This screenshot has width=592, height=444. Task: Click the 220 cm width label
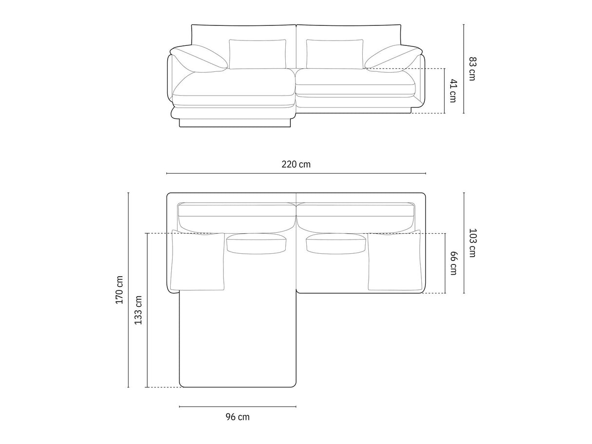[296, 164]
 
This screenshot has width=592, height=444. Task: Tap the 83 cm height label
[472, 69]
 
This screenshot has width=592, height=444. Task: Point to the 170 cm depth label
[119, 290]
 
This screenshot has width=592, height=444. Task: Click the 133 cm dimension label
[138, 310]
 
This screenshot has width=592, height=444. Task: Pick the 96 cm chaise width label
[237, 417]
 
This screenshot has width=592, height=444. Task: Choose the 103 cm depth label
[472, 243]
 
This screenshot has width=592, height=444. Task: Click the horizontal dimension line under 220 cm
[296, 173]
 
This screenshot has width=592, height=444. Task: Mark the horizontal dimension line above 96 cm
[237, 406]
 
